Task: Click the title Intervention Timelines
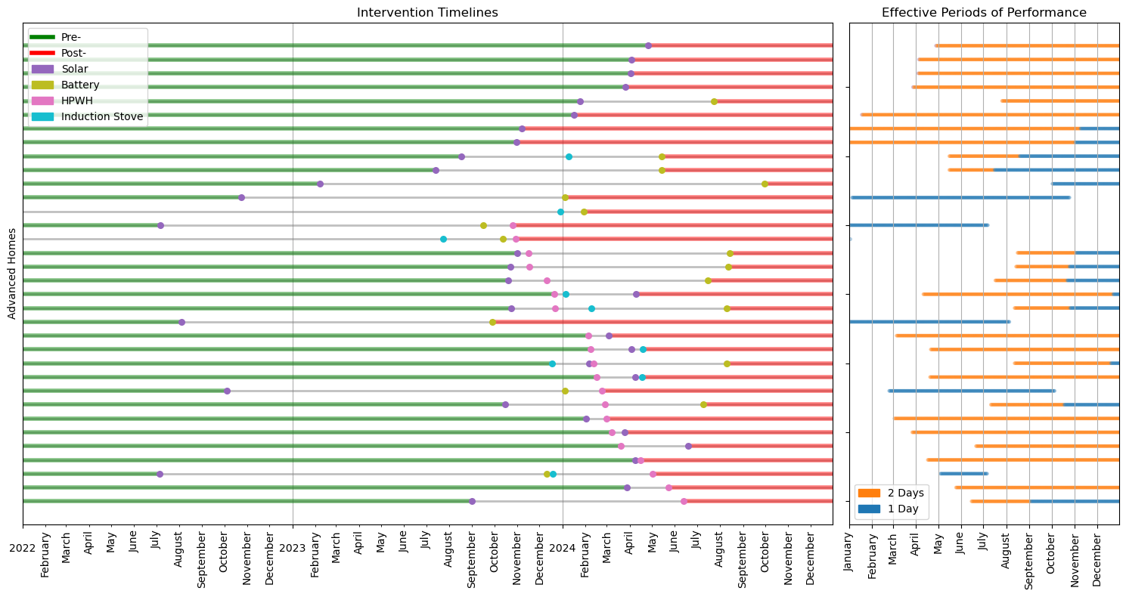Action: pos(427,12)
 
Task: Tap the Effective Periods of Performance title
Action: pos(984,12)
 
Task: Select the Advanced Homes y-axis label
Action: pos(12,273)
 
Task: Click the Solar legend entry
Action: pos(74,69)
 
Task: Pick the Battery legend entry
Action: pos(79,85)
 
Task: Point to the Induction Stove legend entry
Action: pos(101,116)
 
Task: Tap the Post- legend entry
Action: pos(73,53)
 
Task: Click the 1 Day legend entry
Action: pos(903,509)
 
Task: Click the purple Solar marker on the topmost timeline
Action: pos(648,45)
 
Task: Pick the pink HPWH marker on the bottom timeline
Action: pos(684,501)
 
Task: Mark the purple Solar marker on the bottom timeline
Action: pos(472,501)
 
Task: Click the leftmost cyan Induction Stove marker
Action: pos(443,239)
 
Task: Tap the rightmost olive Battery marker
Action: pos(765,184)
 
